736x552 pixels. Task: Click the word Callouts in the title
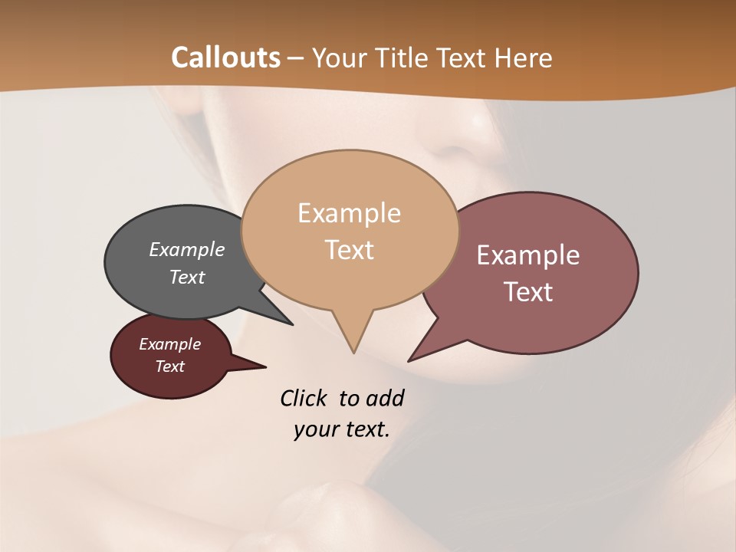(225, 58)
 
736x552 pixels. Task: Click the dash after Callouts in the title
(296, 59)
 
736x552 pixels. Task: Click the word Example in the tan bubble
(349, 213)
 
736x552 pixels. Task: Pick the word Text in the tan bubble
(349, 250)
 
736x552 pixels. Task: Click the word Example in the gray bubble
(186, 249)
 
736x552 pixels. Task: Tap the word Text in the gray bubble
(186, 277)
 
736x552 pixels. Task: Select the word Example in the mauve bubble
(527, 255)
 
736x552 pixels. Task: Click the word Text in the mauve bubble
(527, 292)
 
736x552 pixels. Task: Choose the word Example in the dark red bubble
(169, 344)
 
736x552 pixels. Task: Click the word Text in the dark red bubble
(169, 366)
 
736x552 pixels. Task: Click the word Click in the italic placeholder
(304, 398)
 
